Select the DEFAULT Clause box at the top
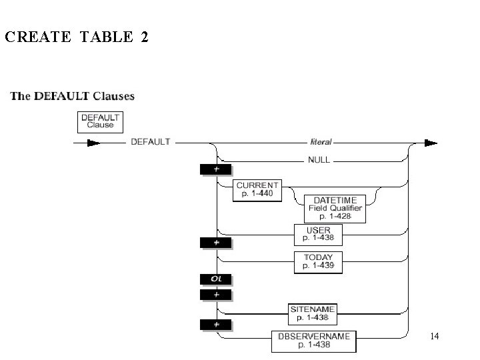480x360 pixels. (100, 121)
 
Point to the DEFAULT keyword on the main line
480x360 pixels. (151, 142)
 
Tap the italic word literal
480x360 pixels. (321, 142)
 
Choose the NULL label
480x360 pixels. (319, 160)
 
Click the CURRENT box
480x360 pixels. (257, 190)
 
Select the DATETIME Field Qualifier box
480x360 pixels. (335, 208)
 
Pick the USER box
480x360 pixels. (318, 234)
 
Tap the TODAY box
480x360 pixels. (318, 261)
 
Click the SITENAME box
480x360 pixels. (313, 313)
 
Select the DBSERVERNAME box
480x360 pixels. (313, 341)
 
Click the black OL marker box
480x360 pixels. (217, 279)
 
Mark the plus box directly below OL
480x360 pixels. (217, 294)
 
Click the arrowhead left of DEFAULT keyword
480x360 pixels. (93, 143)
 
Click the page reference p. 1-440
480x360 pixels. (257, 194)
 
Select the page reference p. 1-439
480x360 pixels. (318, 265)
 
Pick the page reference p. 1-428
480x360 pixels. (335, 217)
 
